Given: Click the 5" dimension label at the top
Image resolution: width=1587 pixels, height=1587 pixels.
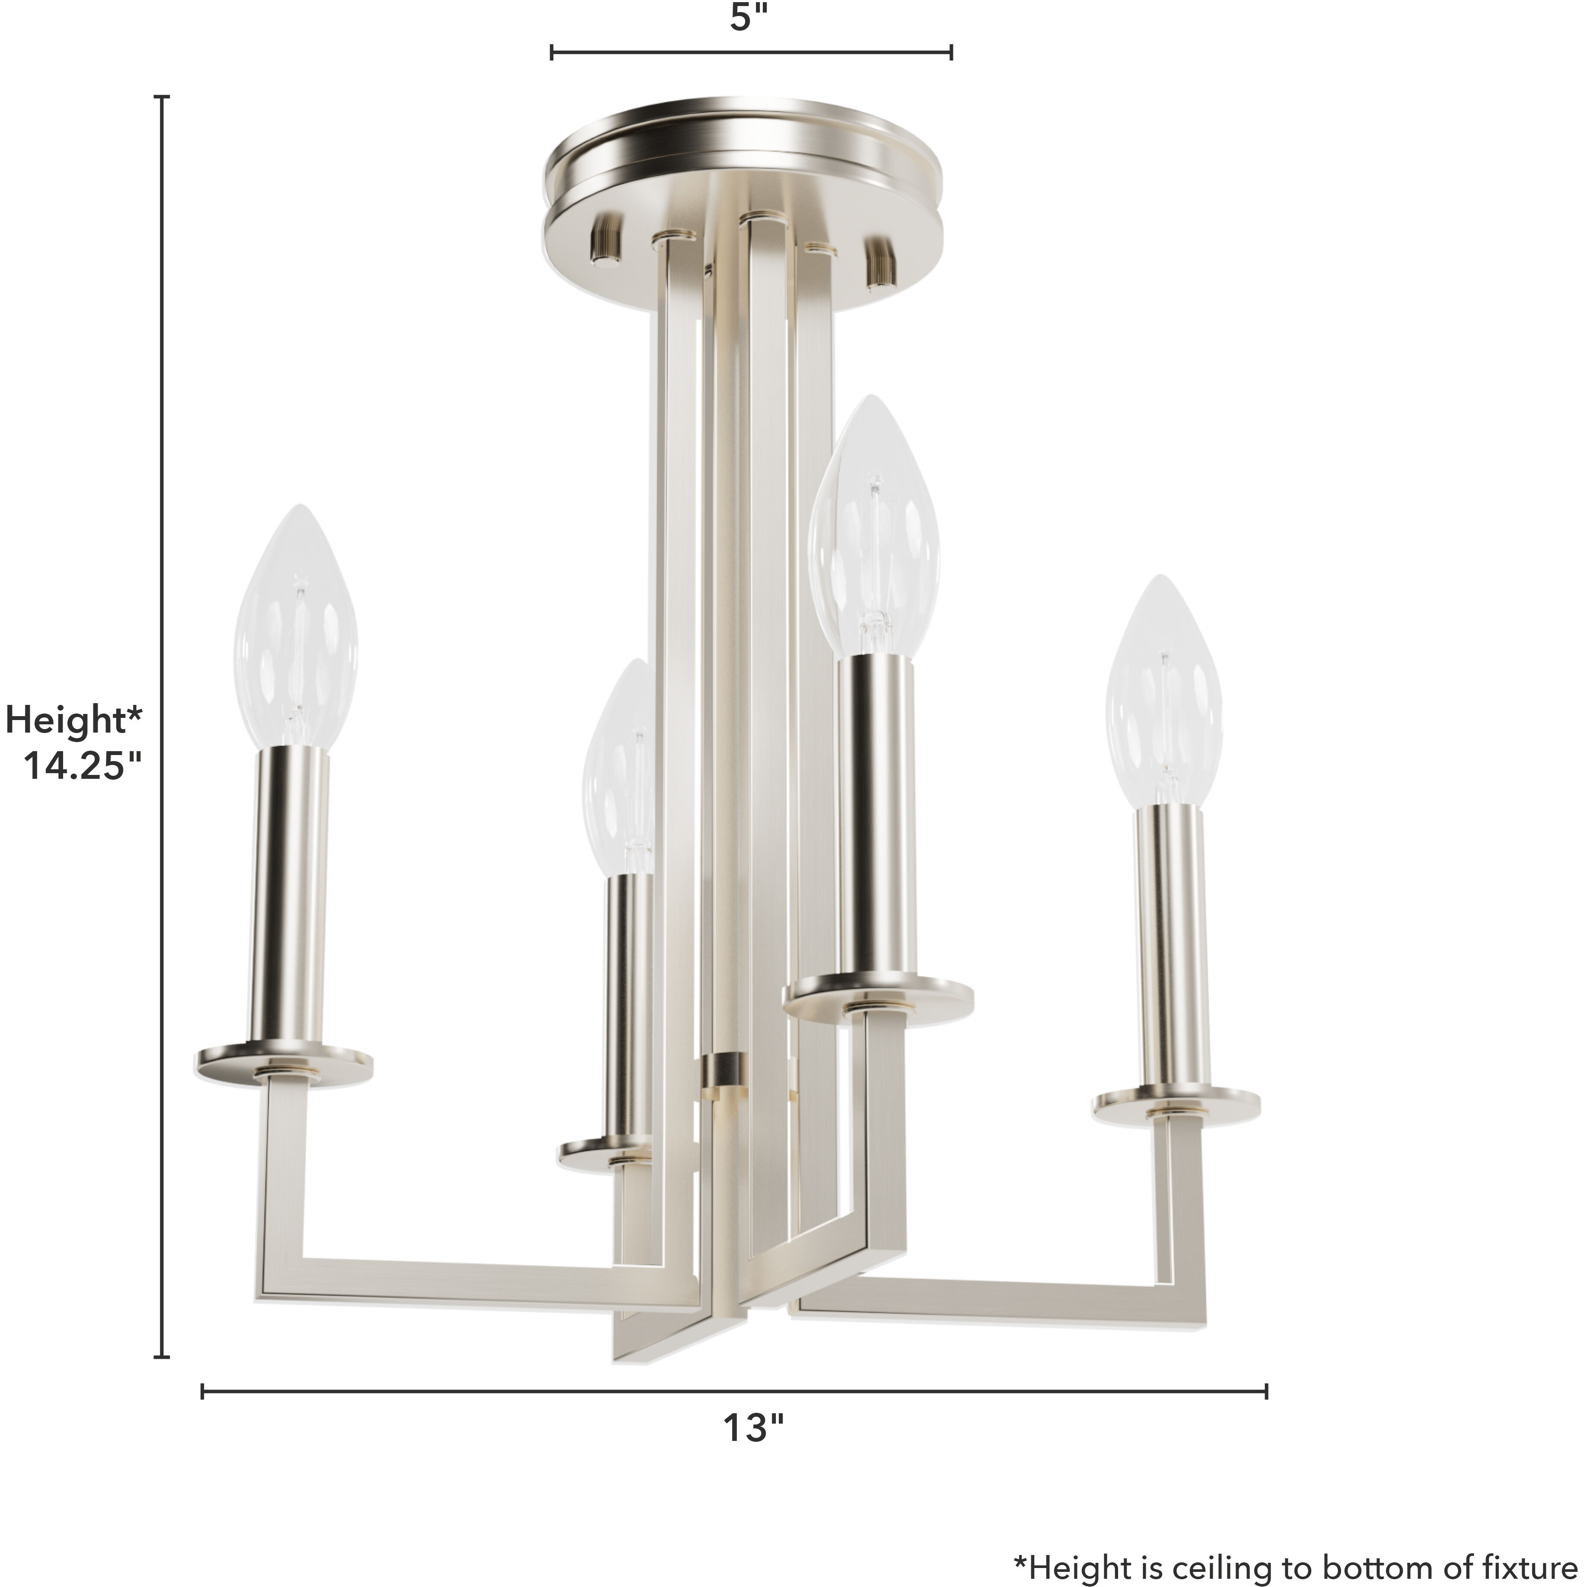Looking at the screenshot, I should click(x=751, y=18).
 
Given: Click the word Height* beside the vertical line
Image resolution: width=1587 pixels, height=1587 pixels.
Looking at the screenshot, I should click(x=74, y=720).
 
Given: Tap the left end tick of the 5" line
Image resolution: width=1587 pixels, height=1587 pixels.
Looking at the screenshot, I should click(x=552, y=53).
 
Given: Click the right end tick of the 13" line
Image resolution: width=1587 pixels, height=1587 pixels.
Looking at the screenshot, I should click(x=1266, y=1391).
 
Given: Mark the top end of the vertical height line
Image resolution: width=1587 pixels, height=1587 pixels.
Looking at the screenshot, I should click(x=163, y=97).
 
